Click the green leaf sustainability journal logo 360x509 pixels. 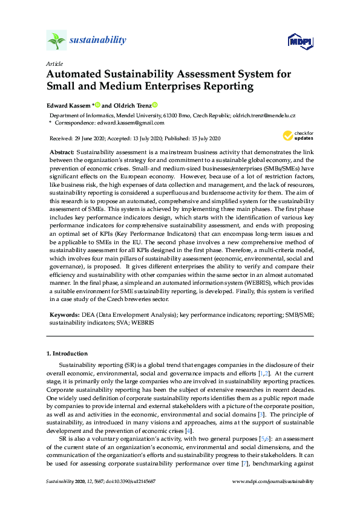click(56, 41)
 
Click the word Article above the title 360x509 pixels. click(54, 63)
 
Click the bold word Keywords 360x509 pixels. click(64, 315)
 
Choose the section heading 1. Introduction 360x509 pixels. click(67, 353)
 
